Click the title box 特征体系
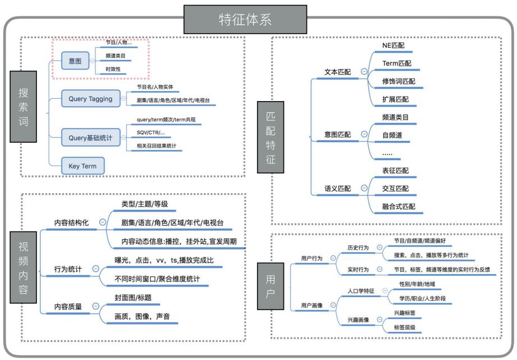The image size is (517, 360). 245,20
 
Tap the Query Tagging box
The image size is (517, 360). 90,98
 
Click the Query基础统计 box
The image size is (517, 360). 90,137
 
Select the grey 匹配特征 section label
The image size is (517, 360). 270,136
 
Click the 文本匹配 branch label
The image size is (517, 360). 337,72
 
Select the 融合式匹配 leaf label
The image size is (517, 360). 399,207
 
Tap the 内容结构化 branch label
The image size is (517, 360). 71,223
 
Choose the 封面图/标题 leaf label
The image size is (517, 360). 129,298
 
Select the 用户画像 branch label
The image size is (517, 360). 312,306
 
